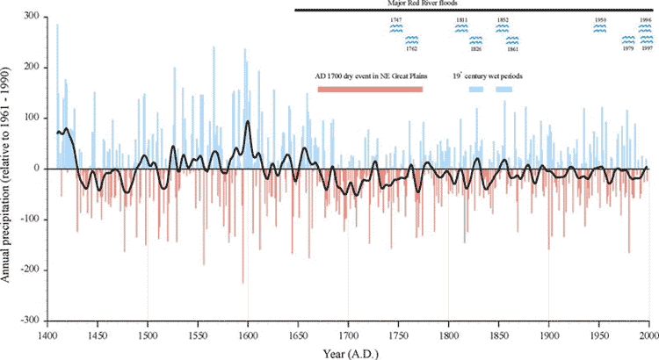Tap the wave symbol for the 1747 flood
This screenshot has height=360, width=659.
pyautogui.click(x=396, y=28)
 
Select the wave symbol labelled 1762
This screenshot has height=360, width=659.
pyautogui.click(x=410, y=40)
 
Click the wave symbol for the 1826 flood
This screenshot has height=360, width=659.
pyautogui.click(x=475, y=40)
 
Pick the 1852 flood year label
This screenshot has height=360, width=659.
pyautogui.click(x=502, y=18)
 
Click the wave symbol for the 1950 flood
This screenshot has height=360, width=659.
pyautogui.click(x=600, y=28)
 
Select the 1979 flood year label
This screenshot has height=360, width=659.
pyautogui.click(x=628, y=49)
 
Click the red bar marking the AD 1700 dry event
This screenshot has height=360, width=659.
pyautogui.click(x=370, y=89)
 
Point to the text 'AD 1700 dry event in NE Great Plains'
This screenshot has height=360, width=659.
pyautogui.click(x=368, y=76)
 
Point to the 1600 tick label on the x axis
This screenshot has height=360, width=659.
pyautogui.click(x=248, y=335)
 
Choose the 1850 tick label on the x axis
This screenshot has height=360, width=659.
pyautogui.click(x=498, y=335)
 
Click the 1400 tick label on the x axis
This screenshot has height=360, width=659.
pyautogui.click(x=47, y=335)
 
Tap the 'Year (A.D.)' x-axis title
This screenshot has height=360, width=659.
pyautogui.click(x=348, y=352)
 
